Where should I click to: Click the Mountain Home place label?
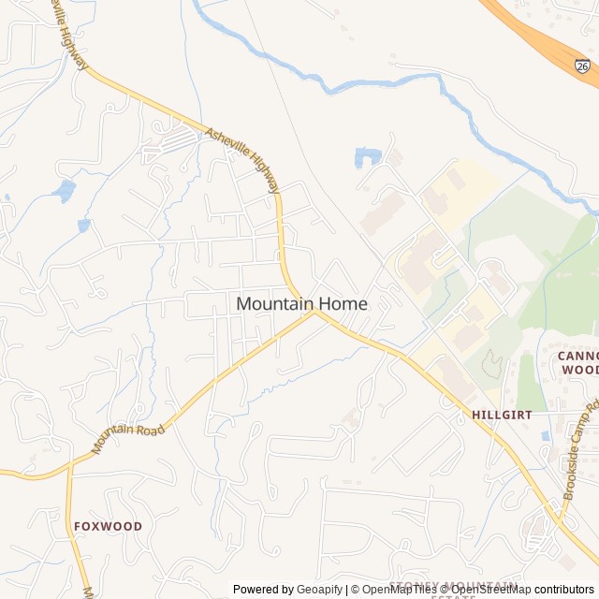tap(301, 304)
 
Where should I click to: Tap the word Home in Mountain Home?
tap(341, 304)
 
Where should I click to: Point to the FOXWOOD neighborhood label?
tap(109, 526)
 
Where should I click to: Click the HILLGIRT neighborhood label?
tap(502, 414)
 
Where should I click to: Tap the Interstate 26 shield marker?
tap(583, 66)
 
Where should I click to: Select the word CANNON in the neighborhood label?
tap(577, 356)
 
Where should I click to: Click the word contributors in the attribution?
tap(564, 590)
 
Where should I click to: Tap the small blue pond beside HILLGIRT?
tap(546, 435)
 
